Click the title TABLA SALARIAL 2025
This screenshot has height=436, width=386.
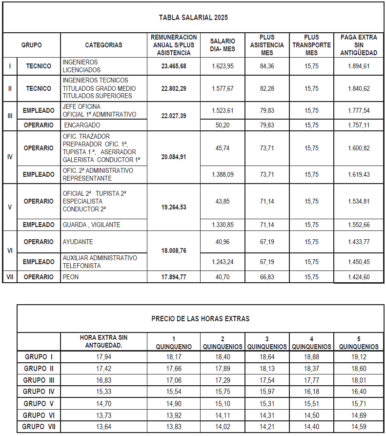(x=193, y=18)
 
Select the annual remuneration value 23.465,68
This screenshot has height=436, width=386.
(x=174, y=66)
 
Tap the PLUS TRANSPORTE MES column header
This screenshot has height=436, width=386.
(x=311, y=45)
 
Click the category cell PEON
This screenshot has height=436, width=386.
(x=71, y=277)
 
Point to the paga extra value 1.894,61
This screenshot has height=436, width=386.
(x=359, y=66)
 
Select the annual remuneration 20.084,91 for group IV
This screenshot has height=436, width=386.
(x=174, y=157)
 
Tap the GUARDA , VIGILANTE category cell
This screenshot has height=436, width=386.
(x=91, y=225)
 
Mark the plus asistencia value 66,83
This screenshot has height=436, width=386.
(x=267, y=277)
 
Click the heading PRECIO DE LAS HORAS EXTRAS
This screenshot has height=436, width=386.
(x=200, y=319)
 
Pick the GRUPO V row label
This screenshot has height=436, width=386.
(x=39, y=404)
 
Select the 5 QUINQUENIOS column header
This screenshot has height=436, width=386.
(x=359, y=343)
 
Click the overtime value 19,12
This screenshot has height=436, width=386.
(x=359, y=357)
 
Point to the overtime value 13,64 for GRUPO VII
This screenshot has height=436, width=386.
(x=104, y=427)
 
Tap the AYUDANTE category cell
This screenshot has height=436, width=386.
(x=78, y=242)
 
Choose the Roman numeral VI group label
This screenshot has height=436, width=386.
(x=10, y=250)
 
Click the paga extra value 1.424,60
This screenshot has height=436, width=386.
(x=359, y=277)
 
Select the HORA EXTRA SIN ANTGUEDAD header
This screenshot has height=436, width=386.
(x=104, y=341)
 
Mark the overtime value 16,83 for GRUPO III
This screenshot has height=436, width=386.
(x=104, y=380)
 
